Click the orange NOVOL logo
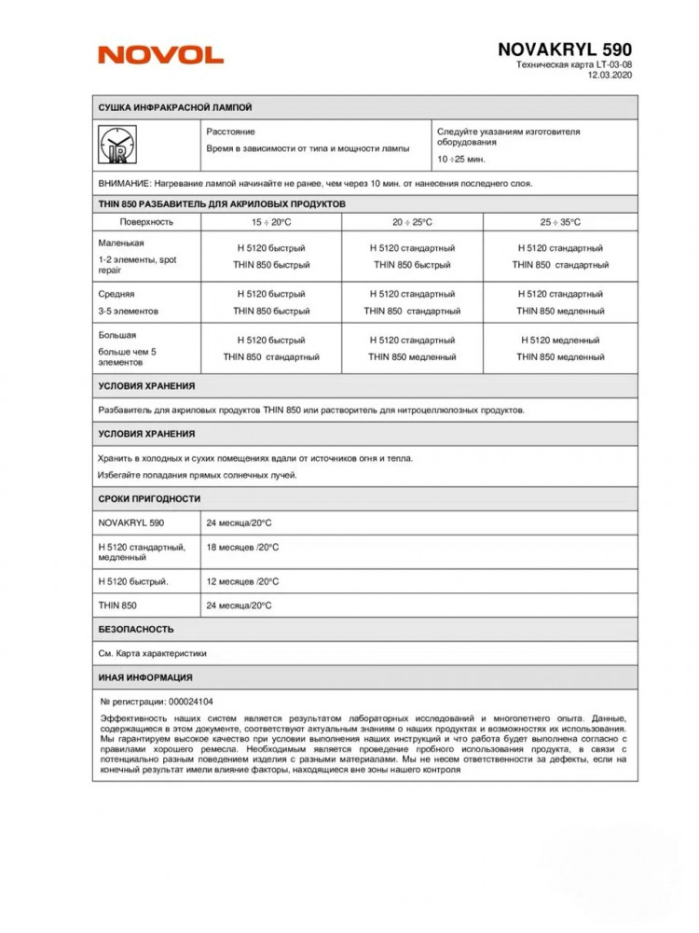[160, 55]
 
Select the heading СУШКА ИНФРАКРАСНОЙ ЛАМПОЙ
[174, 107]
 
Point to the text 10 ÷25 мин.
[461, 159]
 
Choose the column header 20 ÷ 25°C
[412, 222]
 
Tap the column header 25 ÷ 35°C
[559, 222]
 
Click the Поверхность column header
[147, 222]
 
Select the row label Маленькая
[120, 242]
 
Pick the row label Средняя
[116, 293]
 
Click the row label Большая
[117, 335]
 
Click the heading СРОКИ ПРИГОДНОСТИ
[149, 498]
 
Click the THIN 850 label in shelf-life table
[118, 606]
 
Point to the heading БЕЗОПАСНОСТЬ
[136, 629]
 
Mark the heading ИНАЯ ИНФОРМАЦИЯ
[145, 677]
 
